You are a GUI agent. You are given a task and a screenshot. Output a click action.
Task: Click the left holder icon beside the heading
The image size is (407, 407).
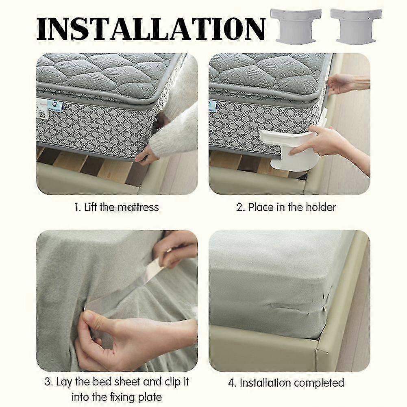[x=296, y=25]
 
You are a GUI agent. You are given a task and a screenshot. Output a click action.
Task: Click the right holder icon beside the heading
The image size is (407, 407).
[x=356, y=25]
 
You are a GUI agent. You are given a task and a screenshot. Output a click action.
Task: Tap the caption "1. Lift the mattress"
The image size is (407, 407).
[x=117, y=207]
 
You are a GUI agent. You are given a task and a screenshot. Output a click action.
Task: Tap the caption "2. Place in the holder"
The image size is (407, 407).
[x=286, y=207]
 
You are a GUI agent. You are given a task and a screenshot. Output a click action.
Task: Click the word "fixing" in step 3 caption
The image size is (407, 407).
[x=131, y=396]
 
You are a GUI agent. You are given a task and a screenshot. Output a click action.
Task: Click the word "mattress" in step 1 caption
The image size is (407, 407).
[x=138, y=207]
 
